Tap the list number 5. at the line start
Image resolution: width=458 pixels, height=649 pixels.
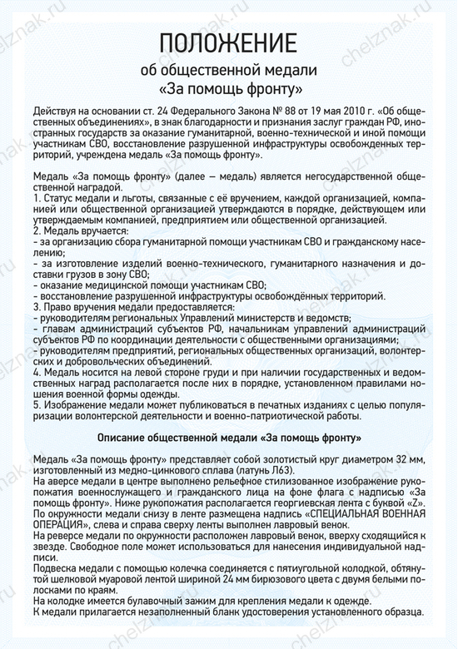pyautogui.click(x=37, y=404)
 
